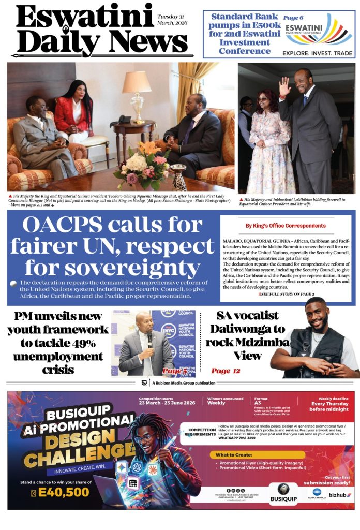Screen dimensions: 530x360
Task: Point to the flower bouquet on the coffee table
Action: point(144,166)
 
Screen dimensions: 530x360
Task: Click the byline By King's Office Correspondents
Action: point(286,226)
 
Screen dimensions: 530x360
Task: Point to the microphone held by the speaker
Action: point(149,338)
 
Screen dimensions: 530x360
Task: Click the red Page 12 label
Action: point(226,371)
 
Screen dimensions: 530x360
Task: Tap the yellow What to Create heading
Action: point(232,455)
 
